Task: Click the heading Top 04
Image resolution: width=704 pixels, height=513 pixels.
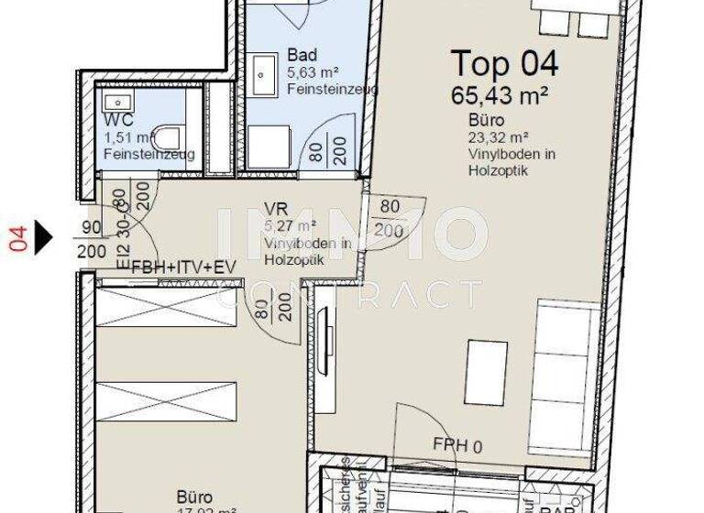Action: click(504, 64)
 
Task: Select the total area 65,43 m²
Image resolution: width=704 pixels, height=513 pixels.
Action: click(500, 93)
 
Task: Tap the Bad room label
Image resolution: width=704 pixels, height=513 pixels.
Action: click(302, 55)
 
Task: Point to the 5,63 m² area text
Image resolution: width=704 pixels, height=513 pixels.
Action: click(314, 72)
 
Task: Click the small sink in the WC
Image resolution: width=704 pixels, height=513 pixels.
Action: click(116, 102)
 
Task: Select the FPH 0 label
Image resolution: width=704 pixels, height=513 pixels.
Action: click(456, 445)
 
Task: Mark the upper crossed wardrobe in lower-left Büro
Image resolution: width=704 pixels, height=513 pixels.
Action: click(166, 307)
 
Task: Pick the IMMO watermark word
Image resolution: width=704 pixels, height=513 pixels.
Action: click(352, 234)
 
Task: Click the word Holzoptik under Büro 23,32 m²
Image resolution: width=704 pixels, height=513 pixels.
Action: click(497, 170)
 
